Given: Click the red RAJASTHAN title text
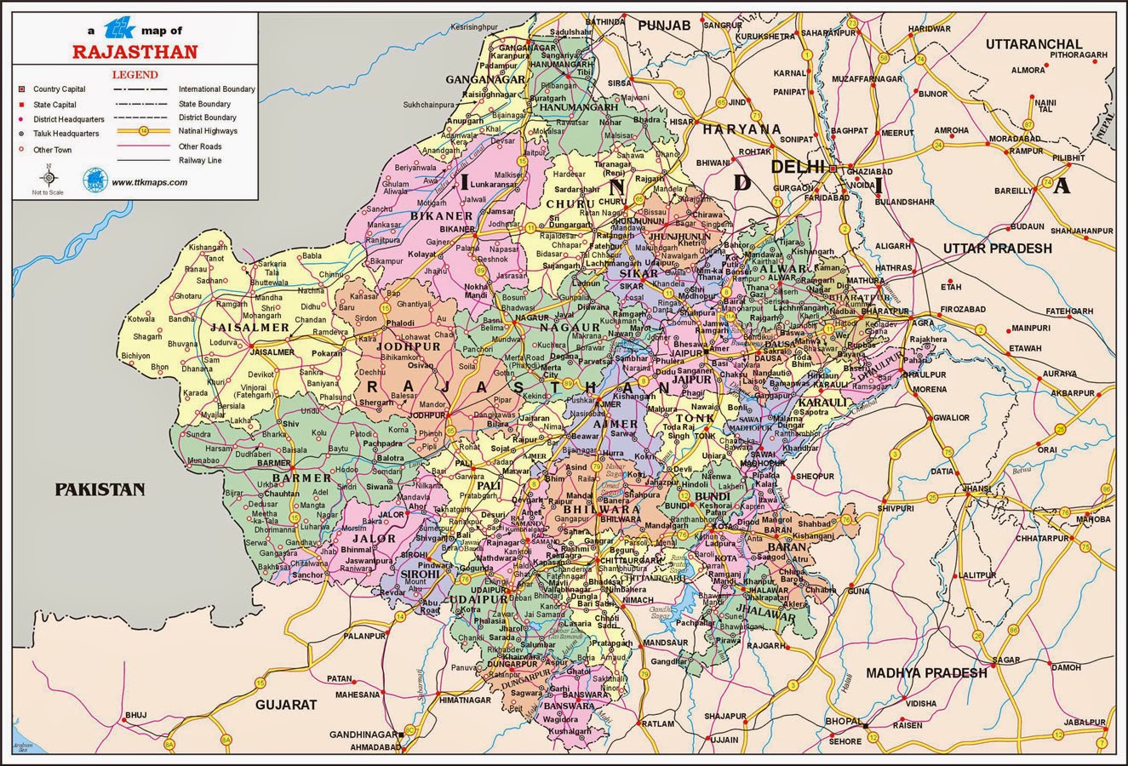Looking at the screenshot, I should [x=135, y=51].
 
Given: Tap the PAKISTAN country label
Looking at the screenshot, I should [x=100, y=489].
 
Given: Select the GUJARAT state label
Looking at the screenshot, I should [x=286, y=705].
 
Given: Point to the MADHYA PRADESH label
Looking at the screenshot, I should [x=926, y=672].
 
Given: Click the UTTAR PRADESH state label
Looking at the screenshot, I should [x=997, y=249].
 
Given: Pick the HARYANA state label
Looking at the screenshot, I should [x=740, y=129].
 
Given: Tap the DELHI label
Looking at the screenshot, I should [x=798, y=167].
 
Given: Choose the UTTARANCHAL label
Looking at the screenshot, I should [x=1034, y=44].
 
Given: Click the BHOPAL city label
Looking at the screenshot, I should [x=842, y=721].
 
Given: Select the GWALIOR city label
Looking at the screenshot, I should [x=951, y=418].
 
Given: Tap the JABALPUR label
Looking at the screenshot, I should [x=1087, y=722].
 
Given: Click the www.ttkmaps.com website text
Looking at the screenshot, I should [x=149, y=182].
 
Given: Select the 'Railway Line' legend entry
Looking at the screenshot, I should [x=200, y=159].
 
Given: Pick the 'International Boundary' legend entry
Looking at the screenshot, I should [x=216, y=89].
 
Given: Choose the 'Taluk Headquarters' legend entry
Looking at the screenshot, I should [x=66, y=134].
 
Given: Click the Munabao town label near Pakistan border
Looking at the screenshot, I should [x=205, y=460].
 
